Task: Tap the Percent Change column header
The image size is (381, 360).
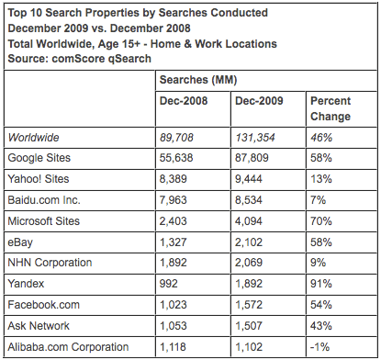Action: [330, 110]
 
